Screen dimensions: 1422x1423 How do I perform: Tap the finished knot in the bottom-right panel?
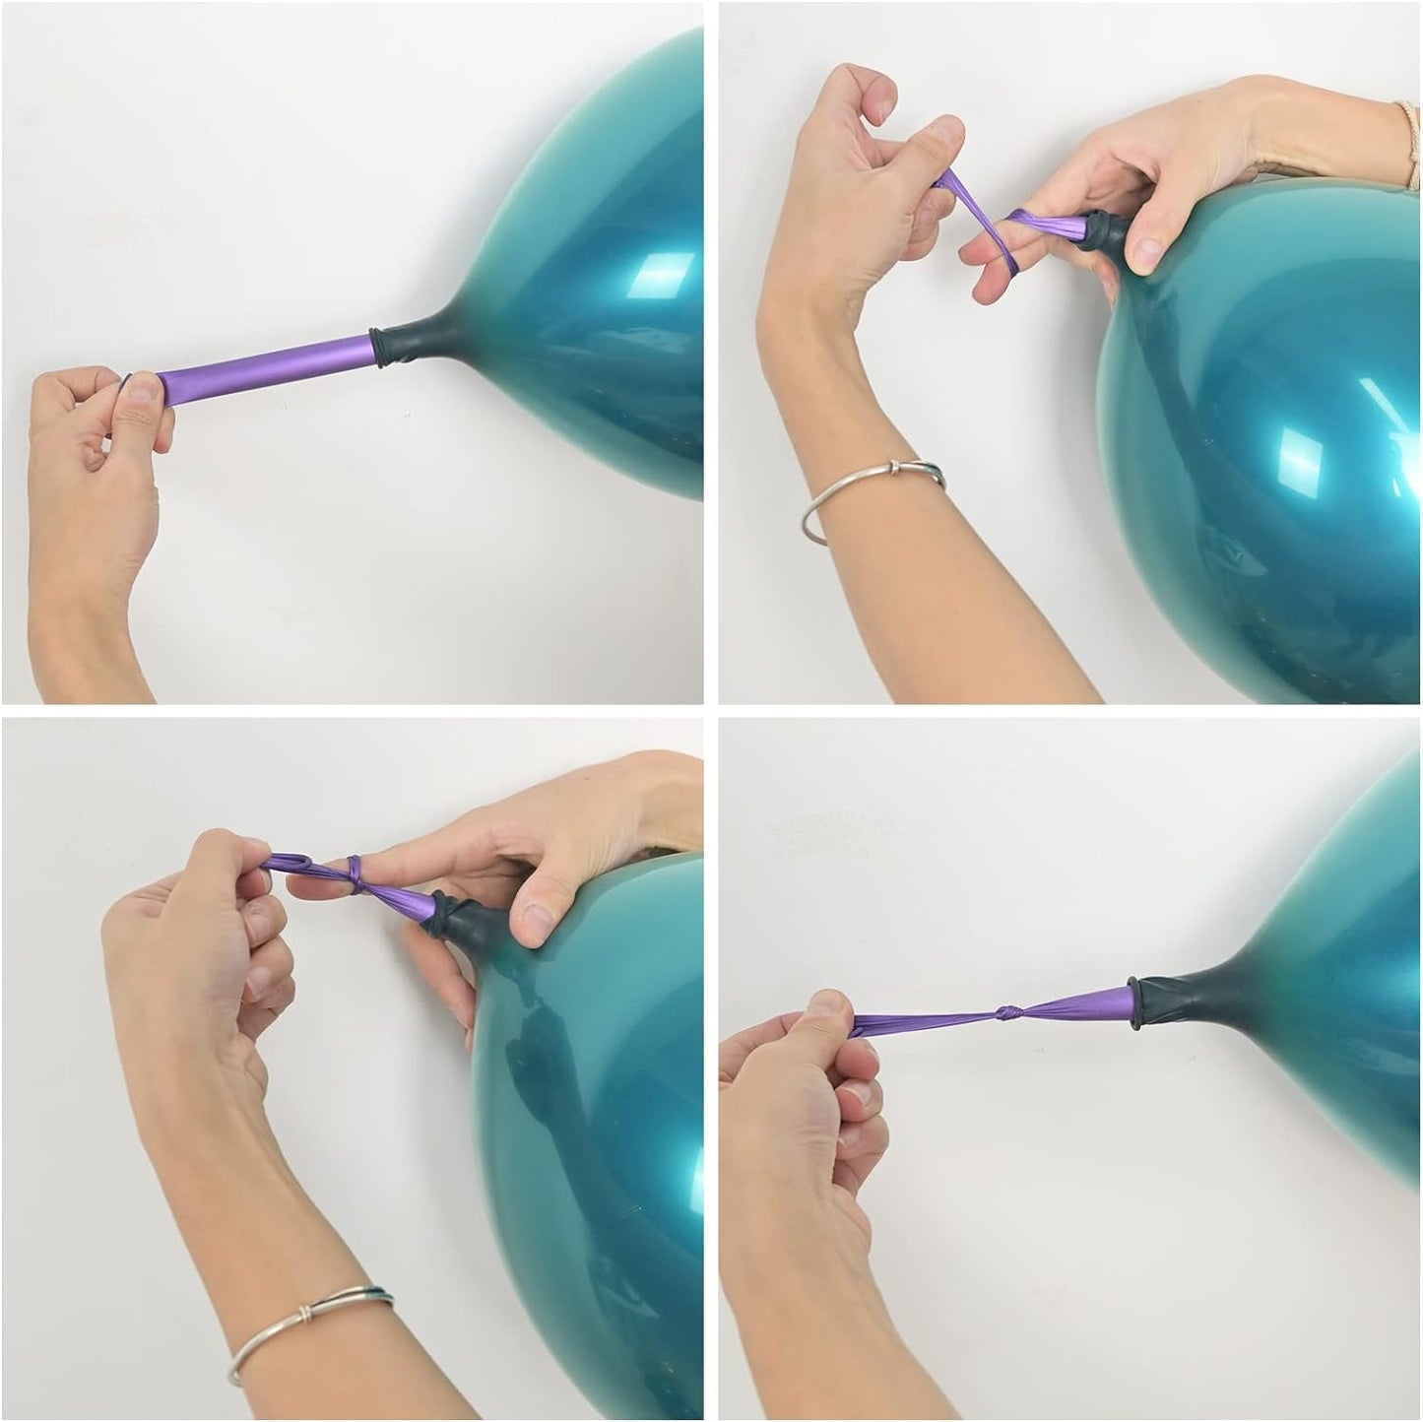tap(1007, 1012)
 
